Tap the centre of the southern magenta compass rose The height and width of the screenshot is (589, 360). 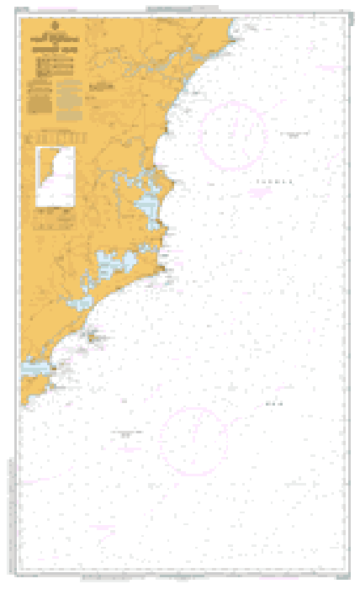(193, 438)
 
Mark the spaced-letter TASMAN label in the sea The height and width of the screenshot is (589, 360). (277, 180)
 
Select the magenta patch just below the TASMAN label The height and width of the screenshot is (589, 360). (261, 192)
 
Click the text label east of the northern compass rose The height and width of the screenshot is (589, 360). (297, 135)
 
